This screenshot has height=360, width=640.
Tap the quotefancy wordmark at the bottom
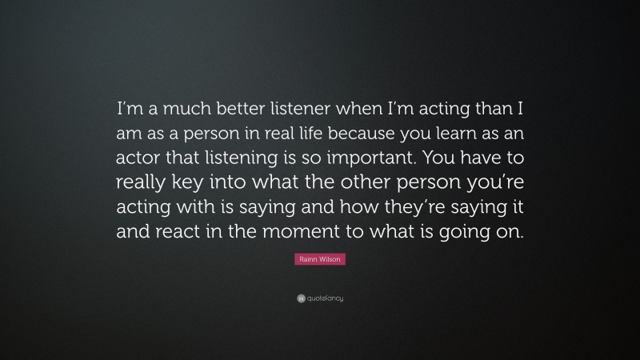(x=325, y=299)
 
